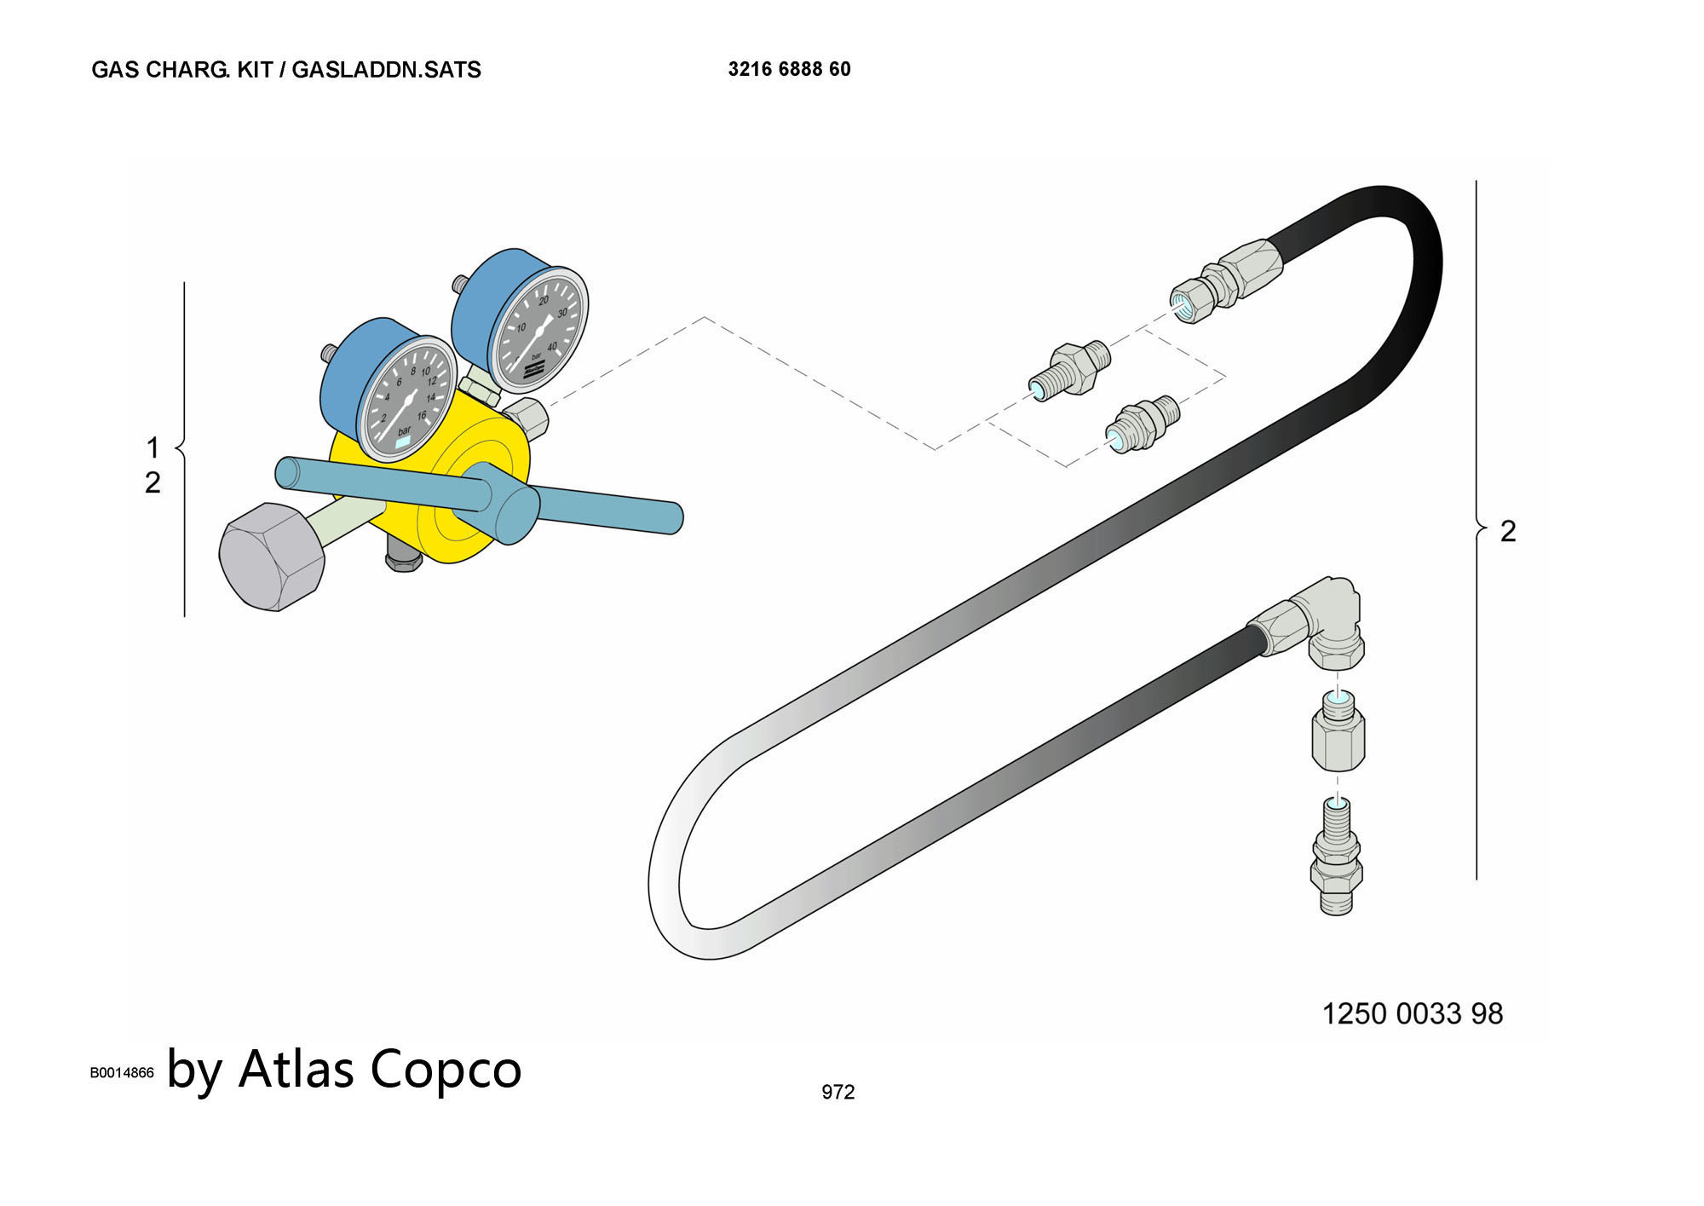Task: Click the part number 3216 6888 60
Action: [789, 69]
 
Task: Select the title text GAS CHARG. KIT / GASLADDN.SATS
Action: [286, 70]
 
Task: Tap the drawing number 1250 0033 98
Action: [1412, 1013]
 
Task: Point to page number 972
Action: [838, 1092]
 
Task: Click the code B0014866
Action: [122, 1072]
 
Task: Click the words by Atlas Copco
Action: [344, 1069]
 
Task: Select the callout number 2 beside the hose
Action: [1508, 531]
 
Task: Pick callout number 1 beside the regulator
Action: [153, 447]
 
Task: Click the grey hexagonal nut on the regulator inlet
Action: [272, 557]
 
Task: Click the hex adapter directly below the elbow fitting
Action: [1338, 730]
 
